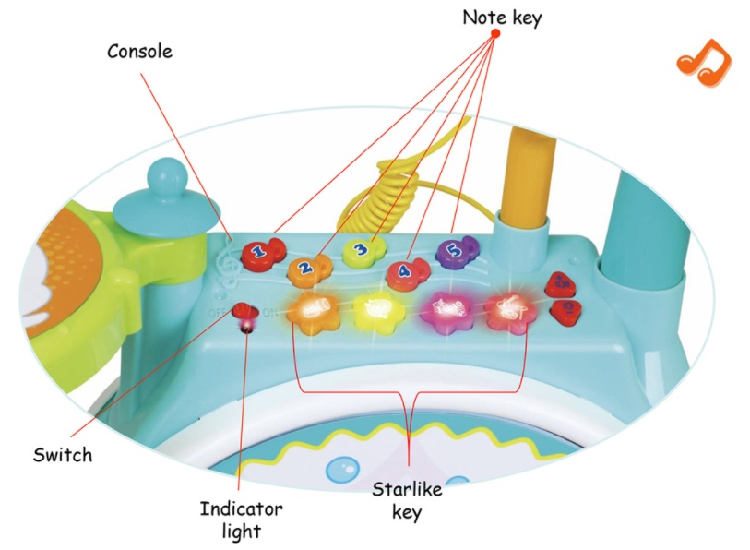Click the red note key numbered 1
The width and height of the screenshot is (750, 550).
click(x=260, y=250)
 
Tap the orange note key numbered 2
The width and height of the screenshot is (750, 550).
click(x=305, y=269)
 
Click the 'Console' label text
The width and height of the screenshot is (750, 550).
click(x=139, y=51)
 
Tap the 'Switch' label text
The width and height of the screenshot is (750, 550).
click(x=63, y=455)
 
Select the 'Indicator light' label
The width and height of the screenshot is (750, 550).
click(x=242, y=520)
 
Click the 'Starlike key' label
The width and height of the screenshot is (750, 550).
click(x=407, y=499)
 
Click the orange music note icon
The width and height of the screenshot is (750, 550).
click(x=703, y=64)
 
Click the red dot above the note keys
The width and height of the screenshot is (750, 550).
click(x=494, y=34)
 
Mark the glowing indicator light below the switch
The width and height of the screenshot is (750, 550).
click(x=247, y=325)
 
